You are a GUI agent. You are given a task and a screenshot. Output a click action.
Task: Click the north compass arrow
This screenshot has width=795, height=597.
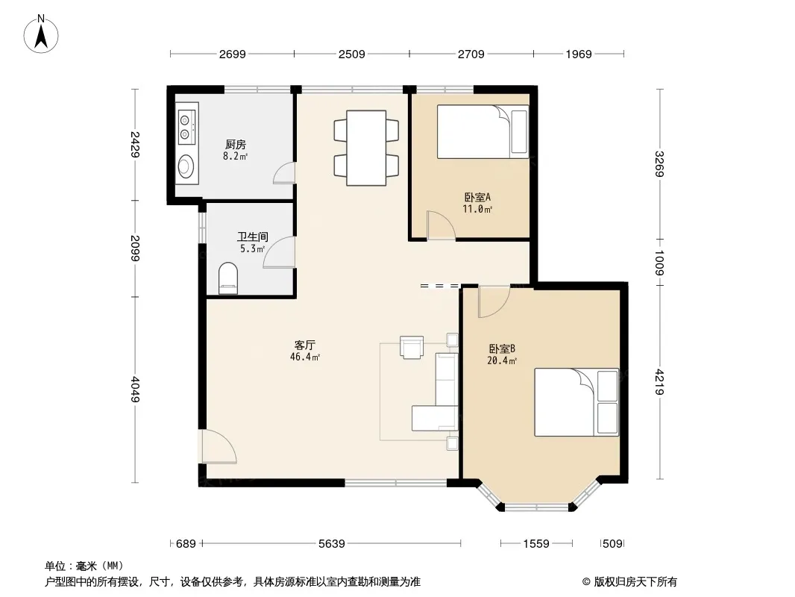pyautogui.click(x=41, y=37)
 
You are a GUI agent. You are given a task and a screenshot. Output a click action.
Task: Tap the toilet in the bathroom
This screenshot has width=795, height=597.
pyautogui.click(x=227, y=278)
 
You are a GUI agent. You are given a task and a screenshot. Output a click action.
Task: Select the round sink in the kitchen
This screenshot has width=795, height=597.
pyautogui.click(x=186, y=166)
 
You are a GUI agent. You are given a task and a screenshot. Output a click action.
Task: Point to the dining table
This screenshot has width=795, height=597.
pyautogui.click(x=366, y=148)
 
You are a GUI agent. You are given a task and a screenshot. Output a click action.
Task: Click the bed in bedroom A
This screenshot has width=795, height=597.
pyautogui.click(x=483, y=132)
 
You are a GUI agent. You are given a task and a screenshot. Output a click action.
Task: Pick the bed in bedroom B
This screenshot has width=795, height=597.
pyautogui.click(x=576, y=402)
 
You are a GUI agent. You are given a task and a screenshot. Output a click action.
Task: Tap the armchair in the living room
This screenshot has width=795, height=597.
pyautogui.click(x=411, y=347)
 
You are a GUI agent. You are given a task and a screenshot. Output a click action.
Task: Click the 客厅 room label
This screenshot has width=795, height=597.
pyautogui.click(x=305, y=345)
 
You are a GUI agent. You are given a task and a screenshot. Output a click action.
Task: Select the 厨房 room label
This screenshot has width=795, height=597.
pyautogui.click(x=236, y=145)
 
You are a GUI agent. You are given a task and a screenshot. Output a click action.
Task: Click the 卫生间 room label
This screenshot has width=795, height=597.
pyautogui.click(x=253, y=237)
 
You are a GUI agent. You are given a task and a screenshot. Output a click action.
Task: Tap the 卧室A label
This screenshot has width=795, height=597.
pyautogui.click(x=477, y=197)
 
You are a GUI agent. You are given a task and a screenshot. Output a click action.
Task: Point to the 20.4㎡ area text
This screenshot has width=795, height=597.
pyautogui.click(x=502, y=361)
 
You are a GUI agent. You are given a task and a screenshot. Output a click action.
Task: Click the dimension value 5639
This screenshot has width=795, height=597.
pyautogui.click(x=332, y=544)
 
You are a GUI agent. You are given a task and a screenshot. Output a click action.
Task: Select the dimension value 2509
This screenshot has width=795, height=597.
pyautogui.click(x=351, y=54)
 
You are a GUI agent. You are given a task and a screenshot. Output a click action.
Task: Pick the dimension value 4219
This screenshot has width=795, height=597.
pyautogui.click(x=659, y=381)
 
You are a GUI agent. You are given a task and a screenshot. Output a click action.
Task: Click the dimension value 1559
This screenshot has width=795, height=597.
pyautogui.click(x=536, y=544)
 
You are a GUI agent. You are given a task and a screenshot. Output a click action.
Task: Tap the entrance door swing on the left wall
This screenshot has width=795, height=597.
pyautogui.click(x=219, y=446)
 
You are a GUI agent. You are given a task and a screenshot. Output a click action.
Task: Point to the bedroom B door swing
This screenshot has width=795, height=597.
pyautogui.click(x=494, y=301)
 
